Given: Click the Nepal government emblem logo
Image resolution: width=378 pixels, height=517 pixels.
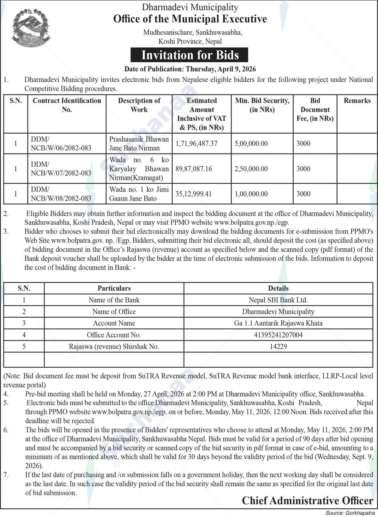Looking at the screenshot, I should pos(31,29).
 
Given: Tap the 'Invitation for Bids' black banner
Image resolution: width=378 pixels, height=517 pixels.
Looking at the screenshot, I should pos(189,55).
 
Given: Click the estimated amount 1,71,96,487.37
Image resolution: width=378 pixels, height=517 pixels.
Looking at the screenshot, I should pos(197,144).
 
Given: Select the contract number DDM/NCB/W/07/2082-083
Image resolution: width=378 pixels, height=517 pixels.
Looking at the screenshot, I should pos(61,169).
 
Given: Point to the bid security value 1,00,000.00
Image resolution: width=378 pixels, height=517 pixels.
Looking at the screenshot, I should pos(251,194).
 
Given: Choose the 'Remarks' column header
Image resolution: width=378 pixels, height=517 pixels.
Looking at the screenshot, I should pos(357,101).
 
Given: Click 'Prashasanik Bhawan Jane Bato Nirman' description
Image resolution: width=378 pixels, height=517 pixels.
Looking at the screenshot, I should pos(139,144).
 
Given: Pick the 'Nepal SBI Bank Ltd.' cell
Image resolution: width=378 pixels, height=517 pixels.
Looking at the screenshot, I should pos(278,300).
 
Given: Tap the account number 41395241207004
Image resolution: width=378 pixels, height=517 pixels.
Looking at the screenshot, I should pos(278,335).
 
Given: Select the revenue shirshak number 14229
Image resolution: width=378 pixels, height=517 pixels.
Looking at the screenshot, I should pos(278,346).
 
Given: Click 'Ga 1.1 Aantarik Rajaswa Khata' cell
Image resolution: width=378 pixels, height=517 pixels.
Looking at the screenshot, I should pos(278,323).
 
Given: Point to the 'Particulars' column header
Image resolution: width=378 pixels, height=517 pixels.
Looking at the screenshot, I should pos(114,288).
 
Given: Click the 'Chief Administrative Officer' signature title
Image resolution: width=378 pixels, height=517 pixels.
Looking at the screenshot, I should pos(307,501).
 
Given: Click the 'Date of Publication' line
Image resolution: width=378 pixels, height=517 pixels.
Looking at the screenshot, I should pos(190,69).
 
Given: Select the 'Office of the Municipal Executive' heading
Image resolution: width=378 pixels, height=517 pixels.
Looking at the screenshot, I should pos(190,19).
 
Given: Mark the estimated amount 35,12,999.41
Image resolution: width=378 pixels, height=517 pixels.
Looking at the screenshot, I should pos(194,194).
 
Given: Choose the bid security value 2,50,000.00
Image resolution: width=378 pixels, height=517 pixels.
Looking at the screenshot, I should pos(251,169).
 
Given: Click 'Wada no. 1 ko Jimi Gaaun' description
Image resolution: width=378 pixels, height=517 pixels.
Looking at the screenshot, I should pos(139,194).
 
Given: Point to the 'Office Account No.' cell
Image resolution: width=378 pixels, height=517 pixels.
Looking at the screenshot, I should pos(114,335).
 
